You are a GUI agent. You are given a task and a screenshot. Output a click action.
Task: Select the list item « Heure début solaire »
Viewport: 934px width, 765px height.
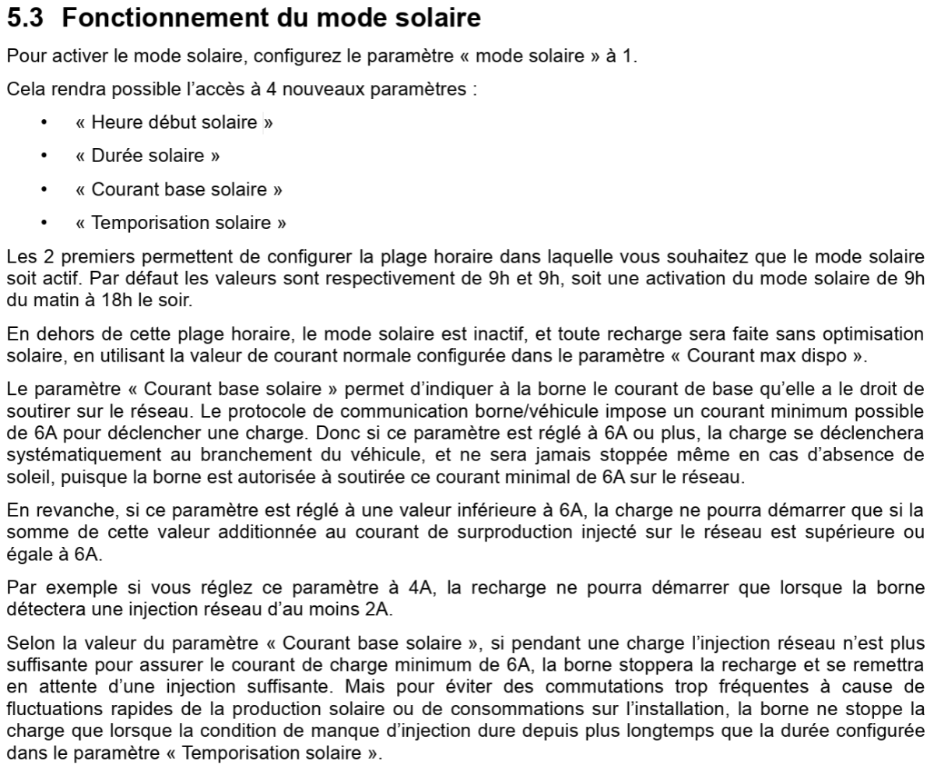tap(174, 123)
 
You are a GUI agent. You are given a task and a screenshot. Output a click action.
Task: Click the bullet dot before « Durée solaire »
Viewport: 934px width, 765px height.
tap(44, 157)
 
